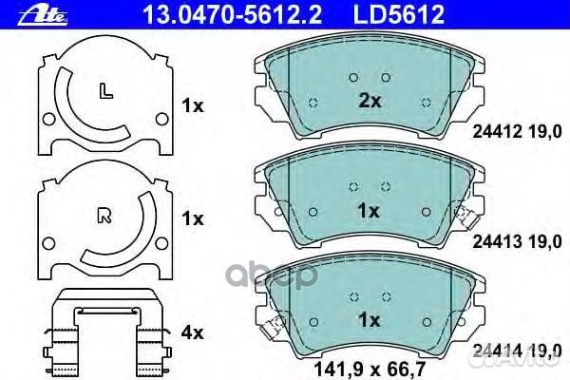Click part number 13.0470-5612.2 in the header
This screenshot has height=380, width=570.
tap(233, 14)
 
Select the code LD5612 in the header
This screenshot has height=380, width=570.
tap(399, 14)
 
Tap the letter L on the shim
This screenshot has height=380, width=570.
tap(105, 90)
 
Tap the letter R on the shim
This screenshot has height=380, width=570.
tap(105, 215)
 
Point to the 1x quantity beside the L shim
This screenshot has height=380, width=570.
tap(193, 106)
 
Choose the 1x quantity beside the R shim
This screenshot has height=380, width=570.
tap(193, 218)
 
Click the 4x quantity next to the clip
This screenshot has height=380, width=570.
tap(192, 332)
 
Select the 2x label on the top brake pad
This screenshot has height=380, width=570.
tap(370, 101)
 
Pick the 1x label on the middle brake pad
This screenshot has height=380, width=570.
tap(369, 211)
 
